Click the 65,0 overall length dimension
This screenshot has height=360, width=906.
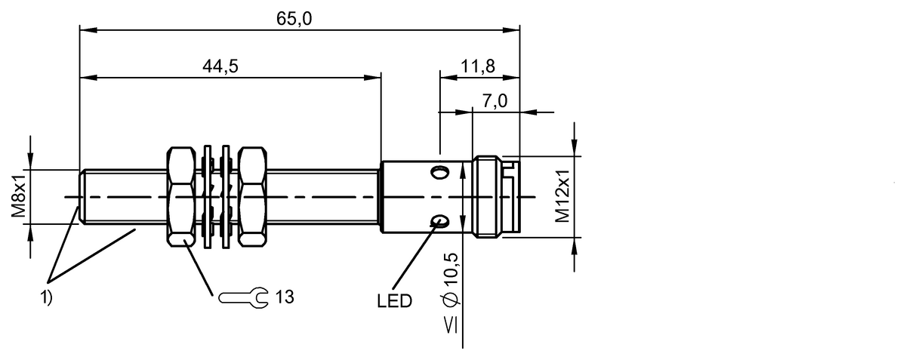[x=294, y=20]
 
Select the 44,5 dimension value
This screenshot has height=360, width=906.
[x=220, y=66]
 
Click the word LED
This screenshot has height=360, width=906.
[x=394, y=302]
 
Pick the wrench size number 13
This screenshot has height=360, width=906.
[x=284, y=297]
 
